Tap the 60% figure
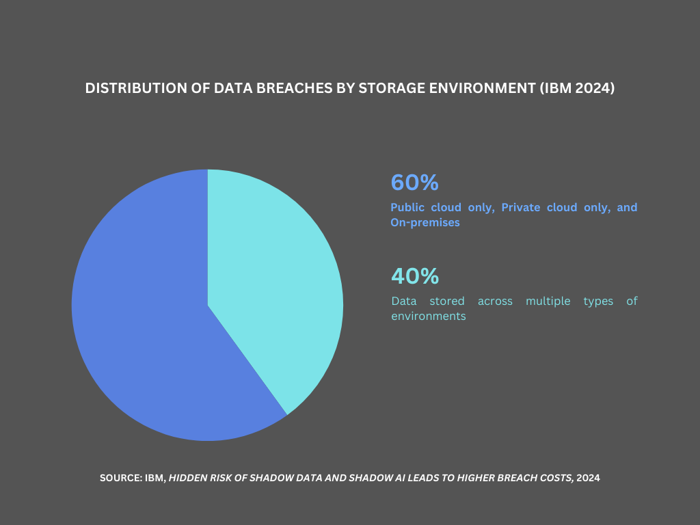tap(414, 183)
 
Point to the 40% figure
tap(414, 276)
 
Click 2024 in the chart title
tap(595, 89)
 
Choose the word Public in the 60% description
tap(407, 207)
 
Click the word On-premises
tap(425, 223)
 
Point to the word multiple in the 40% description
tap(547, 301)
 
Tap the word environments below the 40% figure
tap(428, 317)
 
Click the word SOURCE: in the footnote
tap(120, 479)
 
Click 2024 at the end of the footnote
tap(589, 479)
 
